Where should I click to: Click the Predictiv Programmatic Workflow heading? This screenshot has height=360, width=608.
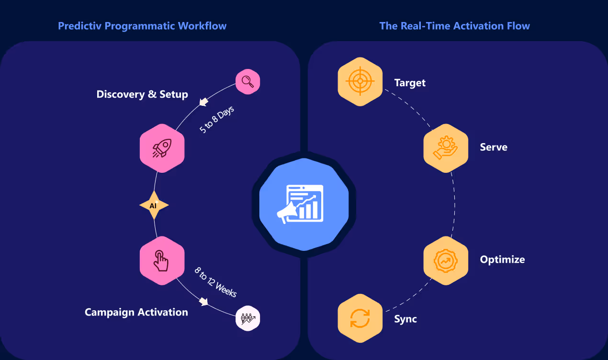point(142,26)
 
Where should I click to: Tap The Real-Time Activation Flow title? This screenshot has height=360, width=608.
point(454,26)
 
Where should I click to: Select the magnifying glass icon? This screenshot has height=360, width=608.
point(248,82)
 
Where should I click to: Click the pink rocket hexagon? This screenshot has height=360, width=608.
point(162,148)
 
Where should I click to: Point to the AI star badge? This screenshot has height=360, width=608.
point(154,205)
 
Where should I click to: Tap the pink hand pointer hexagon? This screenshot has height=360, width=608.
point(162,260)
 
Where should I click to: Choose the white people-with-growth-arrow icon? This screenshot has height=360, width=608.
point(248,318)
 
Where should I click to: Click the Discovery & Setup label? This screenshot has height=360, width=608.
point(142,94)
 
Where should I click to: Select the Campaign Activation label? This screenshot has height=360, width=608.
point(136,312)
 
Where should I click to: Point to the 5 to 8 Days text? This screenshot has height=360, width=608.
point(216,120)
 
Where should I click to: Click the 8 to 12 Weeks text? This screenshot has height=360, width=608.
point(216,282)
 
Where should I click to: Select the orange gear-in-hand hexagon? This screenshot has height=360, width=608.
point(446,147)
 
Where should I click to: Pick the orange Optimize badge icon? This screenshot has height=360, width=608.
point(446,260)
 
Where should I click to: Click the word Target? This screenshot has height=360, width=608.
point(410,83)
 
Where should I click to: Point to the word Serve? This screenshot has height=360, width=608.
point(494,147)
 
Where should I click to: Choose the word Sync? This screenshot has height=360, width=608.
point(405,319)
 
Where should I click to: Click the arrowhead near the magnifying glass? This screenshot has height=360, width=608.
point(204,102)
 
